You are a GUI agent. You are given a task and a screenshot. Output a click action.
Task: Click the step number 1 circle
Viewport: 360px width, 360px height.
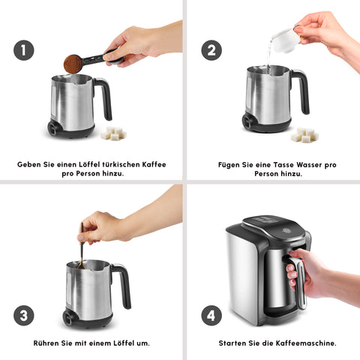tap(24, 50)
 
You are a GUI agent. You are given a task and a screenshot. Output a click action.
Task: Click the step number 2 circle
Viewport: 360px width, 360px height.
tap(211, 50)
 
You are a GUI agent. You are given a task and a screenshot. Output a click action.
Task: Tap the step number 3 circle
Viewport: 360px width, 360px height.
tap(24, 314)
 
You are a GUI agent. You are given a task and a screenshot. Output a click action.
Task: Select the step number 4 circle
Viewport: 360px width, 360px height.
tap(211, 314)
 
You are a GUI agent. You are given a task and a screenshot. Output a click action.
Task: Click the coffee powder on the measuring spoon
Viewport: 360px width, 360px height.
tap(73, 63)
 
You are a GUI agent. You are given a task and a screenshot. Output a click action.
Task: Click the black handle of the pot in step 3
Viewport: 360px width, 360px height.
tap(121, 283)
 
